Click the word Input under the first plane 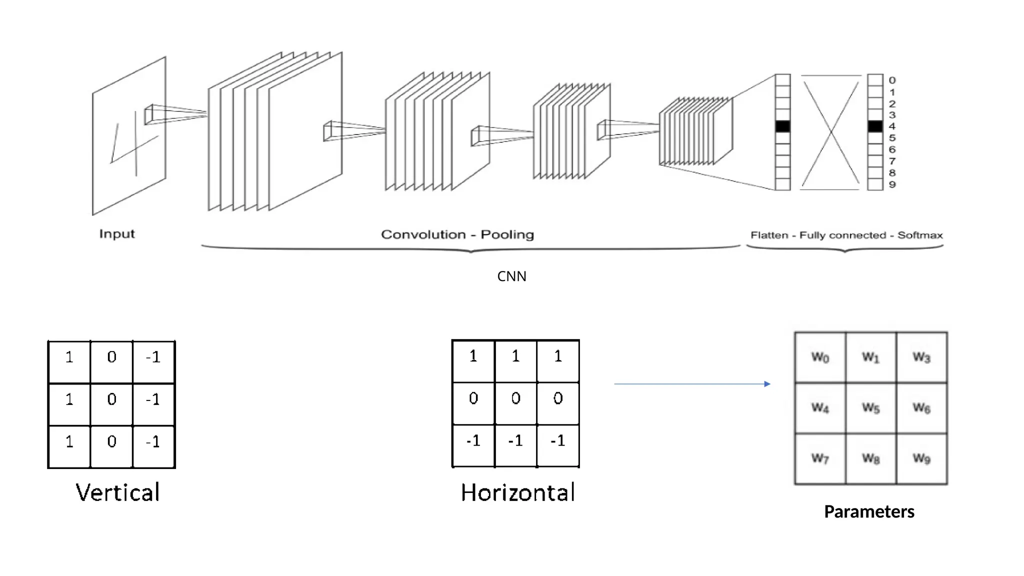pyautogui.click(x=117, y=234)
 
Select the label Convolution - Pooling pyautogui.click(x=457, y=234)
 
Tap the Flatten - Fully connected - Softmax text pyautogui.click(x=846, y=235)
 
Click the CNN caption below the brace pyautogui.click(x=511, y=276)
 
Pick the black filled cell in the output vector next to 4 pyautogui.click(x=875, y=126)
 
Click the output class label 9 pyautogui.click(x=892, y=184)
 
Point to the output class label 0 pyautogui.click(x=892, y=80)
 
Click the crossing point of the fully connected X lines pyautogui.click(x=830, y=132)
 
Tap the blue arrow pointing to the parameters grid pyautogui.click(x=692, y=384)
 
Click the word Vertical pyautogui.click(x=118, y=492)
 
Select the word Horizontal pyautogui.click(x=518, y=492)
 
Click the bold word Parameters pyautogui.click(x=869, y=511)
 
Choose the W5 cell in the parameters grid pyautogui.click(x=870, y=408)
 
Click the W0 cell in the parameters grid pyautogui.click(x=820, y=357)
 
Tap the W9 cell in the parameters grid pyautogui.click(x=921, y=458)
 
